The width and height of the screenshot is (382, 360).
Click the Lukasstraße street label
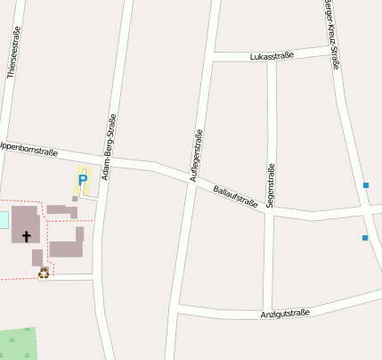(272, 55)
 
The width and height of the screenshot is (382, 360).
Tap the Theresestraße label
(12, 53)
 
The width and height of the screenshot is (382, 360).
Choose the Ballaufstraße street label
(235, 196)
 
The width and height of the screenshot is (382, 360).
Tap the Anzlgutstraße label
(285, 314)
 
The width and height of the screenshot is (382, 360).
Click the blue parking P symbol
(83, 180)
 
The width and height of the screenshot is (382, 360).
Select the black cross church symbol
(27, 236)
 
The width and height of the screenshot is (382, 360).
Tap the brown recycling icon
(44, 273)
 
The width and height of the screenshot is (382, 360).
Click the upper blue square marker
(366, 185)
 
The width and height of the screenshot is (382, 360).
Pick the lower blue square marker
(365, 238)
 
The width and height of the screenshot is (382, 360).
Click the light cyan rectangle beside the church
(4, 219)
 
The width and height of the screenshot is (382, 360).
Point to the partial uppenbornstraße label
(28, 148)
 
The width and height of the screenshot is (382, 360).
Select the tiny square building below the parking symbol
(76, 199)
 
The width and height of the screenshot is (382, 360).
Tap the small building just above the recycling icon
(37, 258)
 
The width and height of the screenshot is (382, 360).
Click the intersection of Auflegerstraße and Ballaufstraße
(190, 177)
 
